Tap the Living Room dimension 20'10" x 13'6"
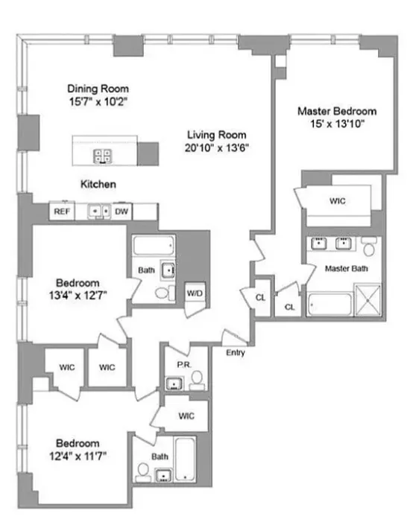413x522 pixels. click(217, 147)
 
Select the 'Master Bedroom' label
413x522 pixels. click(336, 112)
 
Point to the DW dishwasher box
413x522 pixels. click(122, 212)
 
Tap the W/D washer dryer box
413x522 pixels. click(195, 293)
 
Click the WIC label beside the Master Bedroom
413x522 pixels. click(338, 201)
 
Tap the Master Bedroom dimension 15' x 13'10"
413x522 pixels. click(336, 124)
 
